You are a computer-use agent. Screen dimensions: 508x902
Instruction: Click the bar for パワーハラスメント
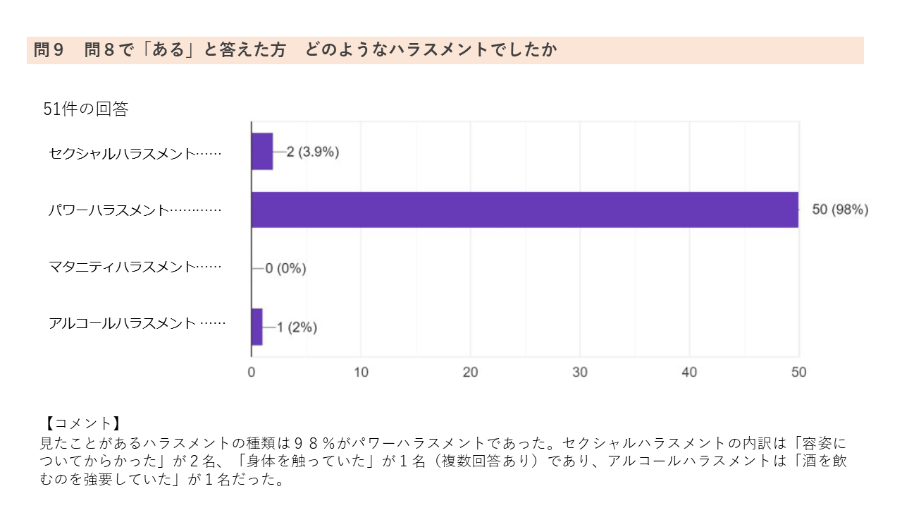click(525, 210)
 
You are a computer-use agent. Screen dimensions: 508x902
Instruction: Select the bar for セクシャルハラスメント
click(262, 152)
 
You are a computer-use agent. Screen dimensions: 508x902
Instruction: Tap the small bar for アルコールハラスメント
click(257, 327)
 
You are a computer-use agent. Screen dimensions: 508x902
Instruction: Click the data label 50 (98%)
click(840, 210)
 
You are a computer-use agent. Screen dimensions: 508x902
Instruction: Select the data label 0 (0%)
click(285, 268)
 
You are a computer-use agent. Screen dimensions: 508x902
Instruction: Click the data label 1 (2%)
click(297, 327)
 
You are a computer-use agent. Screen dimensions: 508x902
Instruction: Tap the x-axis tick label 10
click(361, 372)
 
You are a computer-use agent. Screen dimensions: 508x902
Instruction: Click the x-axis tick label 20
click(470, 372)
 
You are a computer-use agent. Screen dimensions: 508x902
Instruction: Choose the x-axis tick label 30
click(580, 372)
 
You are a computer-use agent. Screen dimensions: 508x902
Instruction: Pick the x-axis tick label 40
click(689, 372)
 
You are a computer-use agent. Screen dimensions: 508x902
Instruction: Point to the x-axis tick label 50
click(798, 372)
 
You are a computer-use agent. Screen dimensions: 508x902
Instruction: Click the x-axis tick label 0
click(252, 372)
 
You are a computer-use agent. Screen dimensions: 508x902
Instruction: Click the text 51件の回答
click(86, 109)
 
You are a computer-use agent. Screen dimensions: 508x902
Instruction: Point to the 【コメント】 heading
click(80, 423)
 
